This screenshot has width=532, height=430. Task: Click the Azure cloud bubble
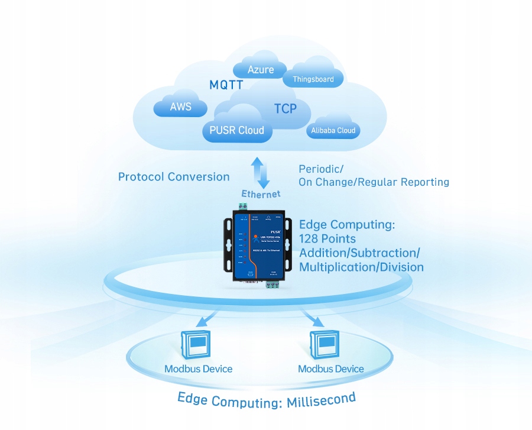pyautogui.click(x=261, y=70)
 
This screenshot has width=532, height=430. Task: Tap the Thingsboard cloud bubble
pyautogui.click(x=313, y=79)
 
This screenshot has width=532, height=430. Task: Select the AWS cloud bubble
pyautogui.click(x=180, y=107)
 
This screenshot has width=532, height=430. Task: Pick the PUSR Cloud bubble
pyautogui.click(x=237, y=130)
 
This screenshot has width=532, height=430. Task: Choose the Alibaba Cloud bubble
pyautogui.click(x=333, y=131)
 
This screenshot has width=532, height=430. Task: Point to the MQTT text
pyautogui.click(x=226, y=85)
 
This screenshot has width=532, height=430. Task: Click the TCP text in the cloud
pyautogui.click(x=285, y=109)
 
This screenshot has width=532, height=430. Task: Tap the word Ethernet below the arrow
pyautogui.click(x=261, y=193)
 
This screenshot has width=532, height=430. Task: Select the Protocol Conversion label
pyautogui.click(x=174, y=176)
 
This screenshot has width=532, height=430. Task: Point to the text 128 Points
pyautogui.click(x=327, y=238)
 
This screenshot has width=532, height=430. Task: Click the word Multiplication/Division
pyautogui.click(x=361, y=267)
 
